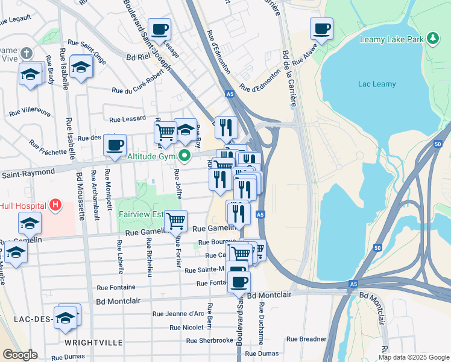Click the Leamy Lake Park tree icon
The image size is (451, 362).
point(432,39)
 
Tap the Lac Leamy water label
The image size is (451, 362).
point(376,84)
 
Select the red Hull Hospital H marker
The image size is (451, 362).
point(55,205)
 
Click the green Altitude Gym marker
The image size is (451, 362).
point(186,157)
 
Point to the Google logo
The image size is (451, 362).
point(20,355)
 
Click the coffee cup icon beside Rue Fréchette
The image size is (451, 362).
point(115,145)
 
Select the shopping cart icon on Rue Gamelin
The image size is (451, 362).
point(175,221)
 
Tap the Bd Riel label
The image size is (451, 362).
point(137,59)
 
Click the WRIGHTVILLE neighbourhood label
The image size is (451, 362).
point(93,342)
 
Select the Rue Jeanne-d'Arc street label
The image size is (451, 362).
point(178,313)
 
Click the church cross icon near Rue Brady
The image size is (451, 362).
point(25,54)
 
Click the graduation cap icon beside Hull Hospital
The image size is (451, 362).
point(30,223)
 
